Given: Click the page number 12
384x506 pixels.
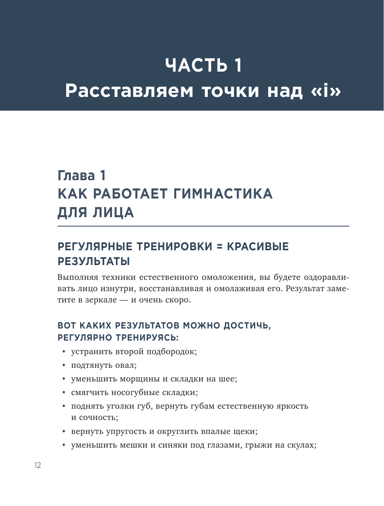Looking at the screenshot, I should [x=37, y=465].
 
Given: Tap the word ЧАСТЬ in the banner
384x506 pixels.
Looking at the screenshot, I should [x=196, y=65].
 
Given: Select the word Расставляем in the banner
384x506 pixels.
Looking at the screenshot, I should [x=129, y=91].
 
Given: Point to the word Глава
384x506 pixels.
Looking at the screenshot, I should [x=76, y=176].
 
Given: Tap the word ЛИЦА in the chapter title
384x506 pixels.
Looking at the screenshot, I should [x=113, y=213].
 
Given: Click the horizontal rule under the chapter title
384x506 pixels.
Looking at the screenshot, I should [x=203, y=226].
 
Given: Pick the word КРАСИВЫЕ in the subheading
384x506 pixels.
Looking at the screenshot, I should [x=258, y=247].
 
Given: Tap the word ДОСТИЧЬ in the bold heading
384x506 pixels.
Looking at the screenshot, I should [x=247, y=325].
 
